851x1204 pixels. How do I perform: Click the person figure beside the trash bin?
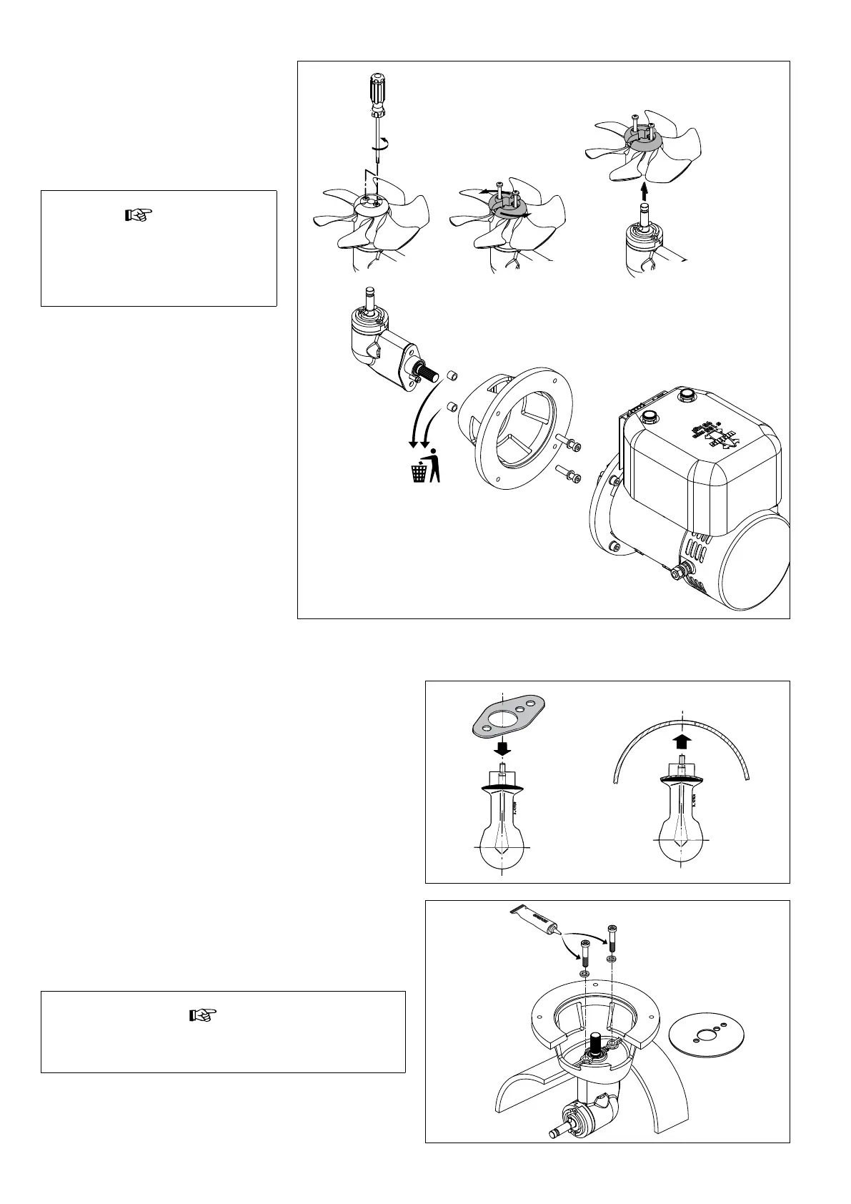(x=434, y=465)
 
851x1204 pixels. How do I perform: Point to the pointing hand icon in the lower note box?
(x=202, y=1015)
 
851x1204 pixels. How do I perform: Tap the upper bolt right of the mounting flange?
(x=568, y=444)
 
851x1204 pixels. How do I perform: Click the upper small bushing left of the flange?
(x=452, y=375)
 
